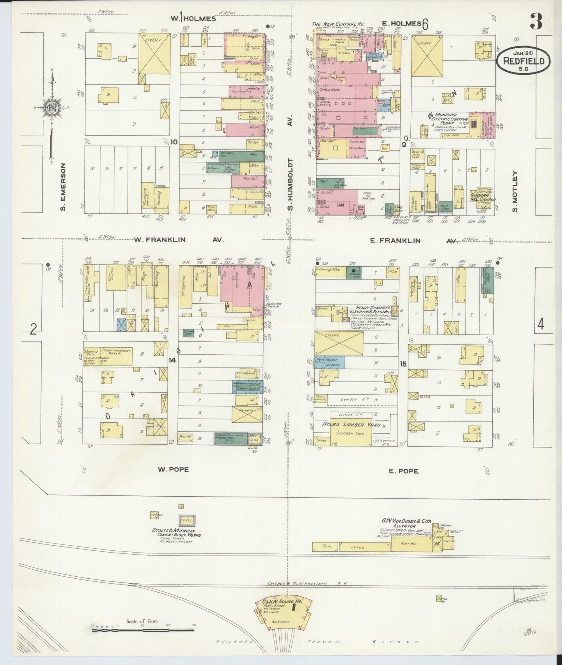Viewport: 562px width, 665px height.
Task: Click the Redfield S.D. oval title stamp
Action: [524, 61]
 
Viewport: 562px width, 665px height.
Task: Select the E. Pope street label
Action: [404, 471]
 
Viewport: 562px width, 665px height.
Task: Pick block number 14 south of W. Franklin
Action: [172, 360]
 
